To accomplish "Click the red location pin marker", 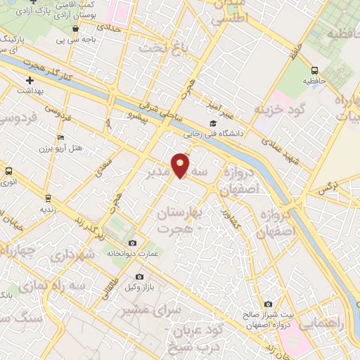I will pyautogui.click(x=181, y=165).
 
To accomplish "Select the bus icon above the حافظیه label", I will pyautogui.click(x=314, y=70).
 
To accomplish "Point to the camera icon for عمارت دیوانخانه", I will pyautogui.click(x=132, y=243).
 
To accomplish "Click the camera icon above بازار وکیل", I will pyautogui.click(x=139, y=276).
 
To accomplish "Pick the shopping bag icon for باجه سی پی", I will pyautogui.click(x=76, y=29).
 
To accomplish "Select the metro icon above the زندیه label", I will pyautogui.click(x=48, y=198).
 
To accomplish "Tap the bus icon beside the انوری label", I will pyautogui.click(x=9, y=171).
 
